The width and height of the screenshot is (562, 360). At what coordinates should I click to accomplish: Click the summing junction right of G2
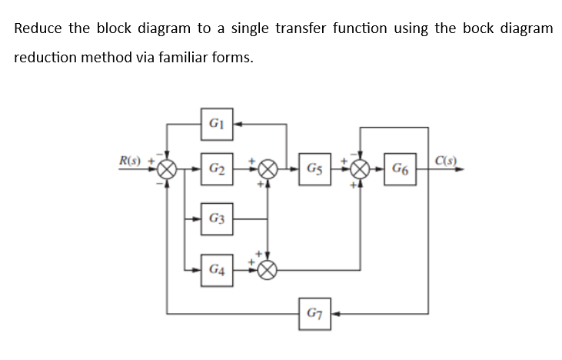[x=268, y=168]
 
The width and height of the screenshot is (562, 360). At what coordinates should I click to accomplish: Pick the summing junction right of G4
[x=268, y=270]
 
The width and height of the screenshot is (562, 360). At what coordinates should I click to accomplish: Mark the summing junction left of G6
[x=361, y=168]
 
